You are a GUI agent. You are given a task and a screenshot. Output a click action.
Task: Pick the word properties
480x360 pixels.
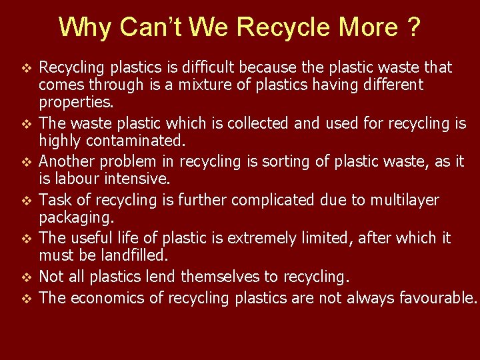(76, 102)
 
